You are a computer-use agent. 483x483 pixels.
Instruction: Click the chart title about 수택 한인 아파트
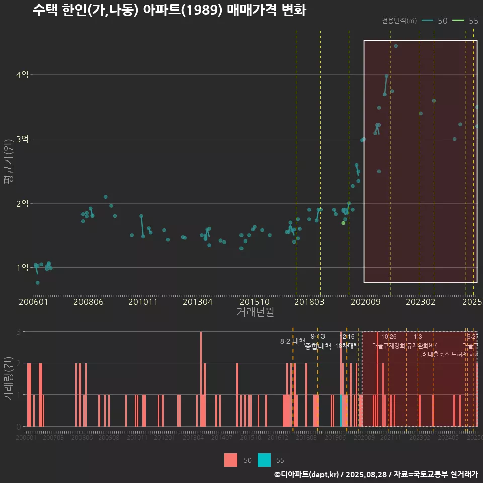(169, 10)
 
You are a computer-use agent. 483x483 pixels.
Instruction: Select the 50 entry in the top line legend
(442, 21)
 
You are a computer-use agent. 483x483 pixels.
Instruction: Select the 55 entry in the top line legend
(473, 21)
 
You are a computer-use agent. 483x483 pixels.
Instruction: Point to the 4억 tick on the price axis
(23, 75)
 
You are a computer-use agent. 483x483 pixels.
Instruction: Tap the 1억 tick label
(23, 267)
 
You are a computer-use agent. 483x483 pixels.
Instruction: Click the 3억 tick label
(23, 139)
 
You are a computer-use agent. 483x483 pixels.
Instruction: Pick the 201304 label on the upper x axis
(197, 302)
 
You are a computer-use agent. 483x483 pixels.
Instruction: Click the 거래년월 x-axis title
(255, 312)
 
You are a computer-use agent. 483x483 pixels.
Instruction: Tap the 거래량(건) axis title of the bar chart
(8, 379)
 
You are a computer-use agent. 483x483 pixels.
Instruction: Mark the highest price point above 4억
(396, 46)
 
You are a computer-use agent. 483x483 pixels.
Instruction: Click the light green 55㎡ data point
(343, 223)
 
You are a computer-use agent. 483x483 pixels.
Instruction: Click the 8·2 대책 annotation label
(292, 341)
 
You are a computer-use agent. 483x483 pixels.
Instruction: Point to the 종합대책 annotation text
(317, 346)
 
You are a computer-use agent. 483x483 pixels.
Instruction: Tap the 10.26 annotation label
(389, 337)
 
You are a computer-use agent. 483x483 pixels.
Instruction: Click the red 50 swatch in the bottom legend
(231, 460)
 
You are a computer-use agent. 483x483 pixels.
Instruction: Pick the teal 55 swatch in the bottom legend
(264, 460)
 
